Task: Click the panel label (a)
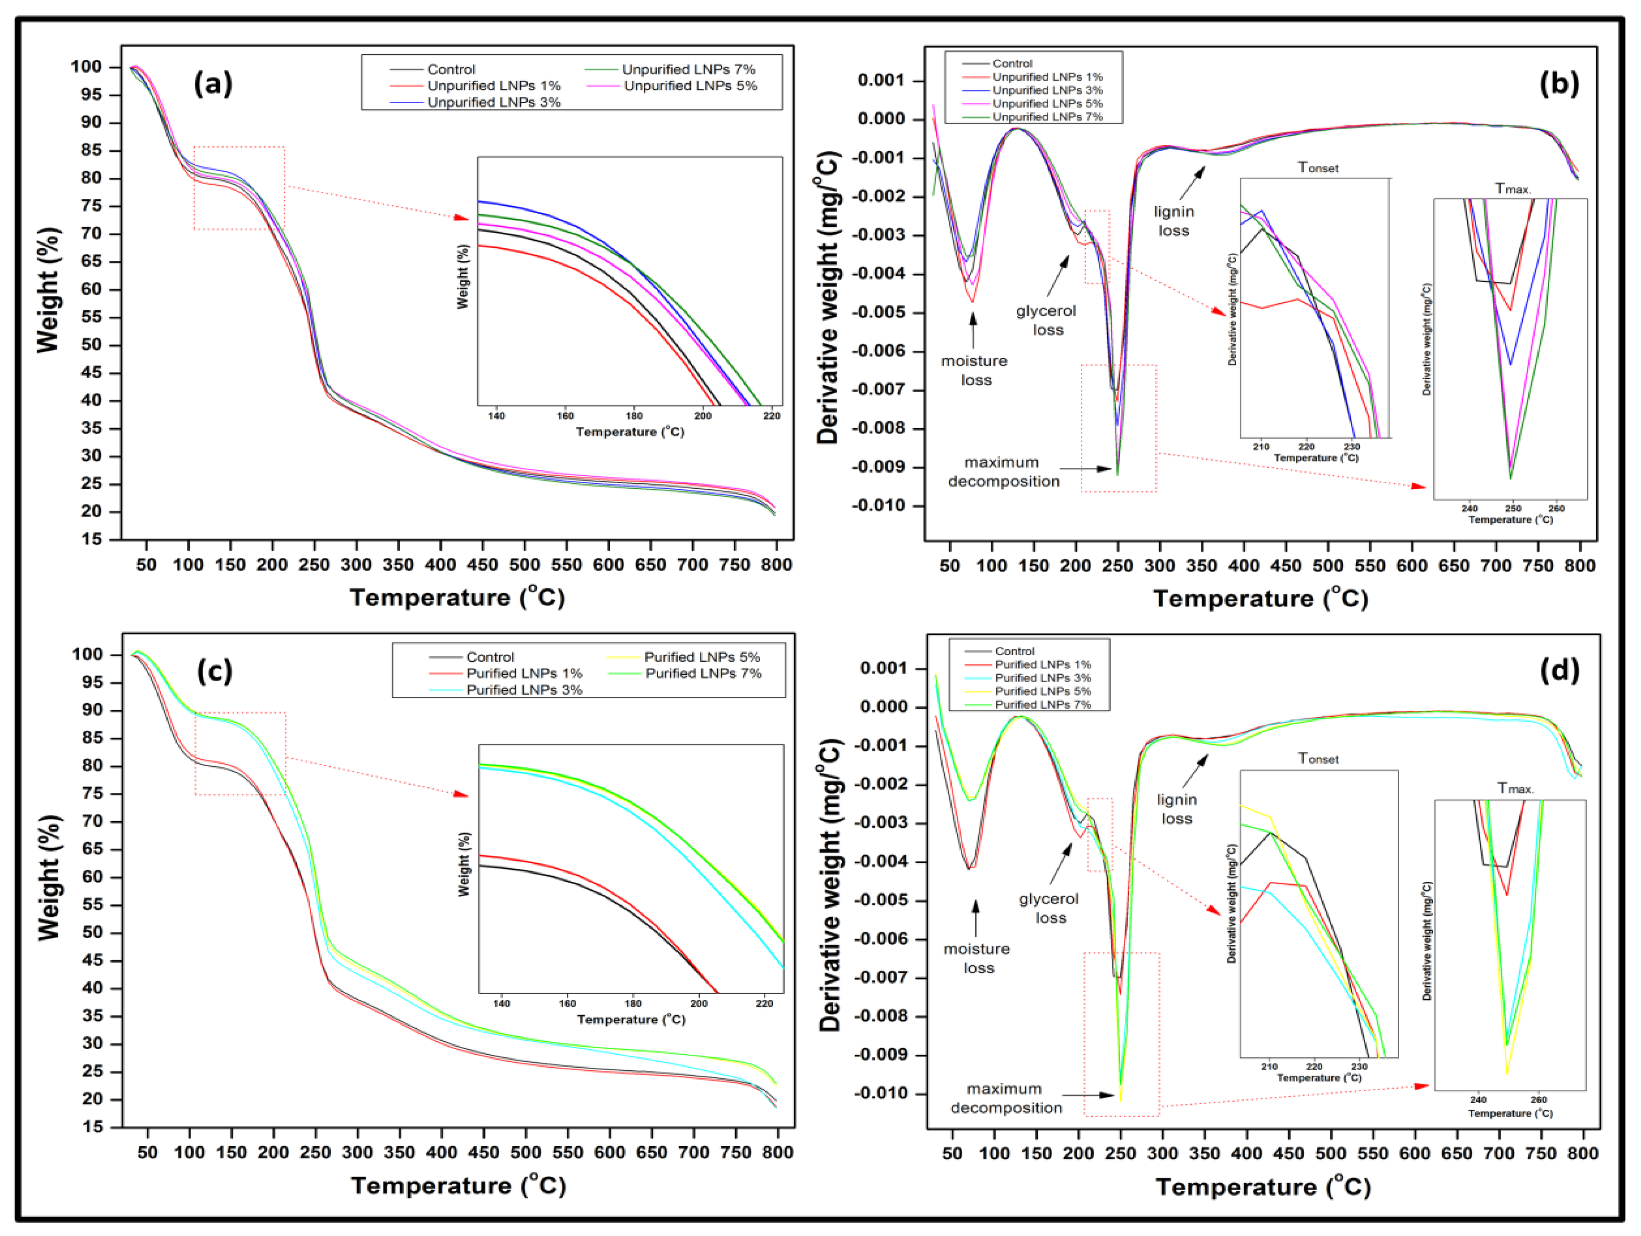(213, 84)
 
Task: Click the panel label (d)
(1559, 670)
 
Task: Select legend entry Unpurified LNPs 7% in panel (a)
(688, 69)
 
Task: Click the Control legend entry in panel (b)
(1012, 63)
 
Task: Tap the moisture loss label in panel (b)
(975, 370)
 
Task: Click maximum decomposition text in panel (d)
(1005, 1098)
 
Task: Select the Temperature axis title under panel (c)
(458, 1185)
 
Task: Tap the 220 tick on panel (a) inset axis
(772, 415)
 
